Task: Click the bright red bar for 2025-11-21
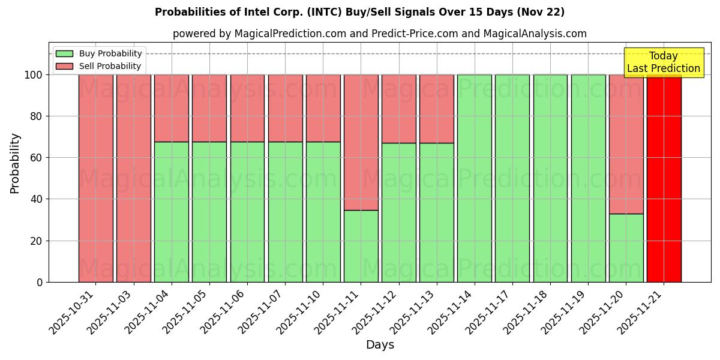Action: click(664, 178)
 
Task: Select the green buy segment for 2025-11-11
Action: click(361, 246)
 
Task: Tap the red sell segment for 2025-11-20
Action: click(626, 144)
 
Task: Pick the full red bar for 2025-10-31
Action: click(96, 178)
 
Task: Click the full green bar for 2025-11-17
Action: click(512, 178)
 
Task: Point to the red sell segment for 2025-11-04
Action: click(172, 108)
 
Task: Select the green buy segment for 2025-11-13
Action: click(437, 212)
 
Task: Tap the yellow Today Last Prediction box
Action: click(663, 62)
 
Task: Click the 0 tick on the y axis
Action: click(40, 282)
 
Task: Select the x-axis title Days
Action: click(380, 345)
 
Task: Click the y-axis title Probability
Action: click(15, 163)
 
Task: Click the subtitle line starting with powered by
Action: click(379, 34)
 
